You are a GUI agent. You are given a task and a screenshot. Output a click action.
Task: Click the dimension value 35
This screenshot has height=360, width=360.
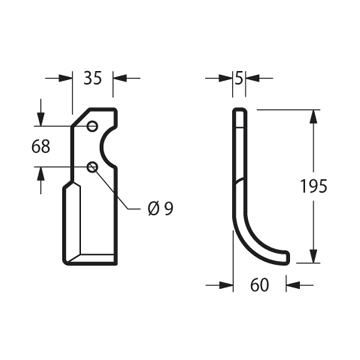tap(92, 78)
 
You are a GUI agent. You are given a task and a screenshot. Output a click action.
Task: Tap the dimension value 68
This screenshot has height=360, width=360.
tap(41, 146)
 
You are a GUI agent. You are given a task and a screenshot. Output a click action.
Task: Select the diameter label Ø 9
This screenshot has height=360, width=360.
tap(161, 209)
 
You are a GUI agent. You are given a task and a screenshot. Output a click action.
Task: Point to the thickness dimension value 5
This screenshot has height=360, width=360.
tap(239, 78)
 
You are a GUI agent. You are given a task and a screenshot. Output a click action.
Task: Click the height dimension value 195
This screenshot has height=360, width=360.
tap(314, 186)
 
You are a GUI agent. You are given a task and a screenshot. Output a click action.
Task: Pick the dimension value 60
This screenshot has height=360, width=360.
tap(259, 285)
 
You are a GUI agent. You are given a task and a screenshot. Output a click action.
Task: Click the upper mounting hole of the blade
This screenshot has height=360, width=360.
tap(92, 126)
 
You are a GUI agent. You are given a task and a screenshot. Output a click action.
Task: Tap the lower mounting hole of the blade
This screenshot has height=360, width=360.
tap(92, 167)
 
